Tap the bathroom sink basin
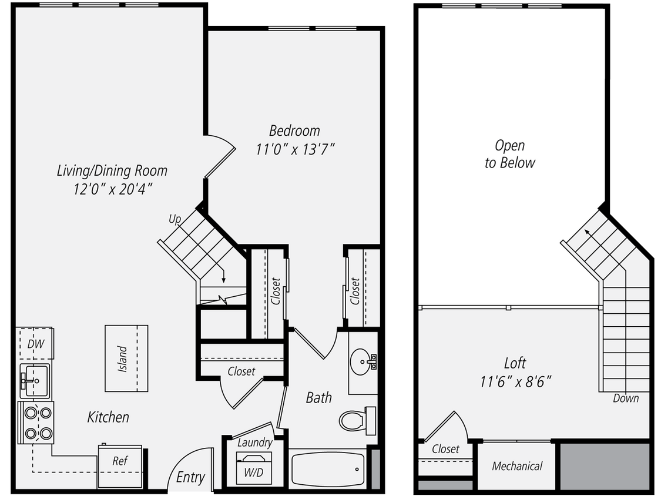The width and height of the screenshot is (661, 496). [x=360, y=360]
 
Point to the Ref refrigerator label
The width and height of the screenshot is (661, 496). [x=119, y=461]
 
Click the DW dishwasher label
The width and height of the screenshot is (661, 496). [x=35, y=344]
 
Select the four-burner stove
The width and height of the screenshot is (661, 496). [x=36, y=422]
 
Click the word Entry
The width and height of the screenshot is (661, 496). [x=190, y=477]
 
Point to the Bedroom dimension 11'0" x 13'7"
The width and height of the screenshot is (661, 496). [x=295, y=149]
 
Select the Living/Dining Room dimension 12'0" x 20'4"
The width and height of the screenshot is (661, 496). [x=111, y=190]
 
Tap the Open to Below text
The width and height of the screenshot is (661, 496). [x=509, y=154]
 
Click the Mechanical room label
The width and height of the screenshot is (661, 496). [x=517, y=467]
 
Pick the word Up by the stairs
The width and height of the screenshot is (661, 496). [x=175, y=219]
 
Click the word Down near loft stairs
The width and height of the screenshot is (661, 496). [x=626, y=398]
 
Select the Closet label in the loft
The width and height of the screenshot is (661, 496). [x=445, y=449]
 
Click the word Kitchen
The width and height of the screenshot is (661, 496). [x=108, y=417]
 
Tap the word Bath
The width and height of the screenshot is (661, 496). [x=318, y=398]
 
